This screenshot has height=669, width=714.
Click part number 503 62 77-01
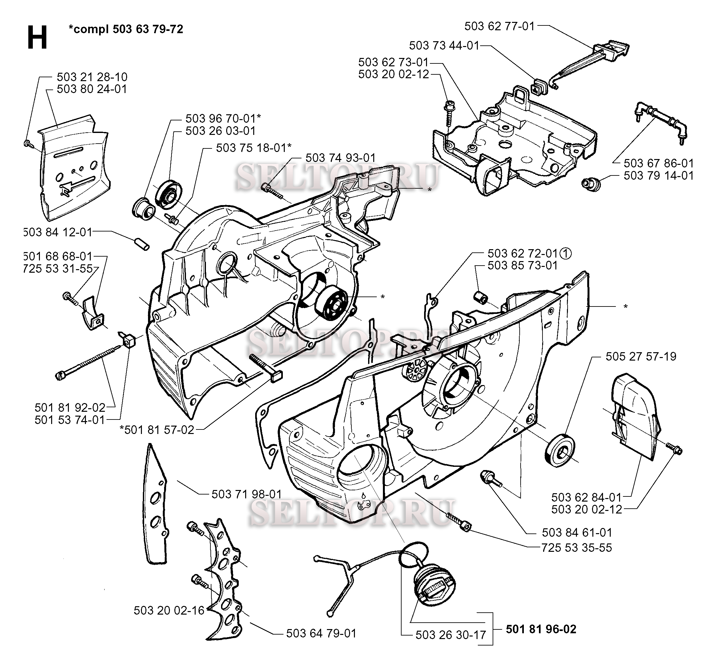tap(499, 26)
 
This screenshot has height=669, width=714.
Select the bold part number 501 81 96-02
tap(541, 629)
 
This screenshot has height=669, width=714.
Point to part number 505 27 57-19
tap(641, 356)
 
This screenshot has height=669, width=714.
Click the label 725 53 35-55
tap(576, 548)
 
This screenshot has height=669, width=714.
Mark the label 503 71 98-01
tap(246, 494)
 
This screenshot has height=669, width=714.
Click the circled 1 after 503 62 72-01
tap(566, 254)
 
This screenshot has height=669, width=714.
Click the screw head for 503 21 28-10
tap(27, 144)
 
